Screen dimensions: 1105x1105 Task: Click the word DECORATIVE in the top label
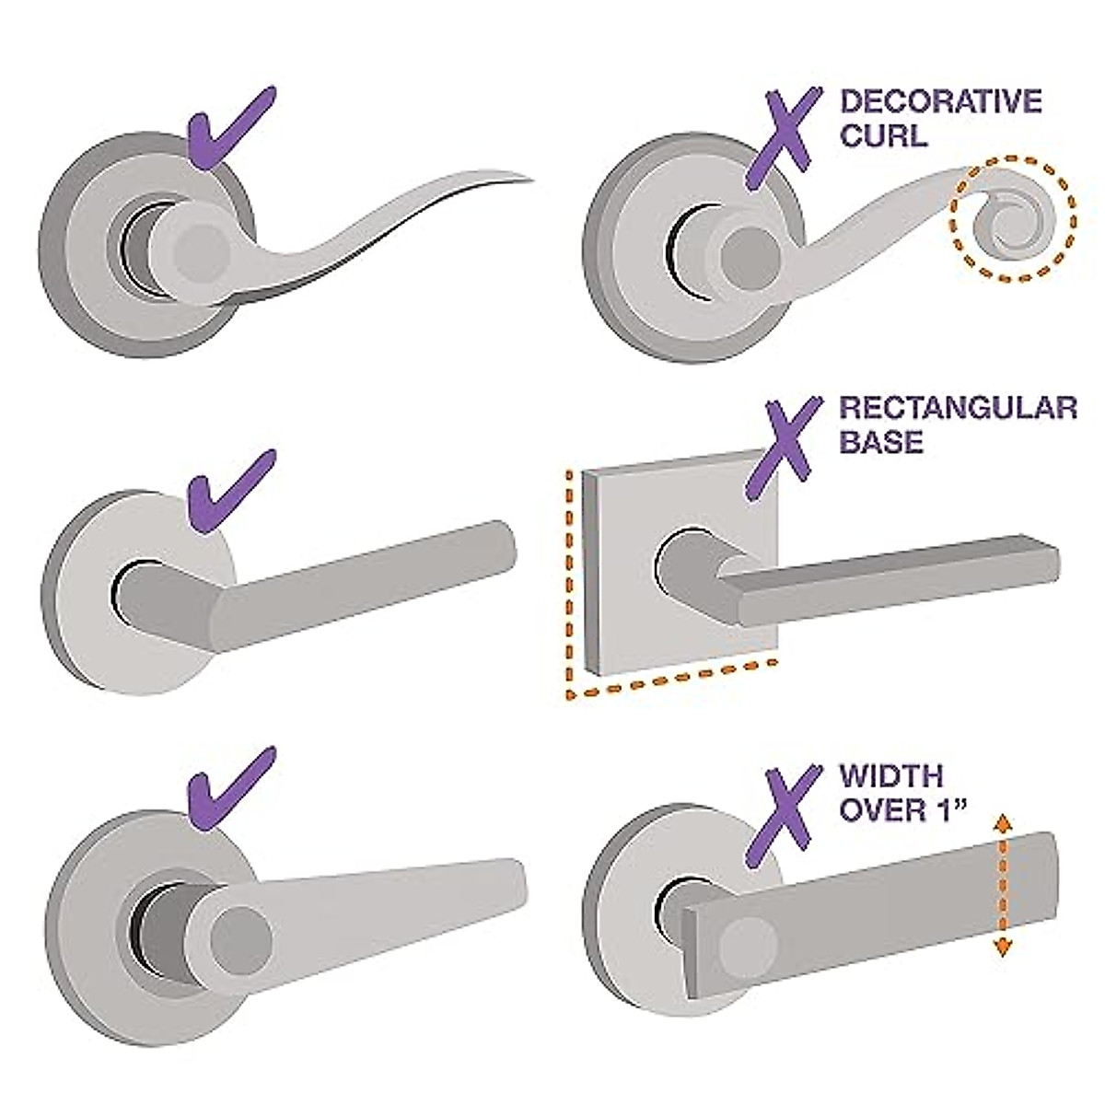tap(940, 101)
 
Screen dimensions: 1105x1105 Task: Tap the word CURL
tap(883, 137)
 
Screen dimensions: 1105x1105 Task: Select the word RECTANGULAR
tap(958, 407)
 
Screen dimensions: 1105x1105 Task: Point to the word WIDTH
tap(891, 775)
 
